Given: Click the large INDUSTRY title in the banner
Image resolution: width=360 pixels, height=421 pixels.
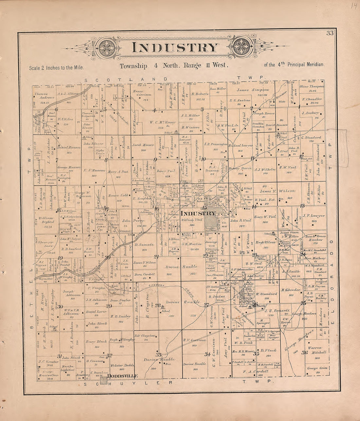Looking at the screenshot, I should coord(175,48).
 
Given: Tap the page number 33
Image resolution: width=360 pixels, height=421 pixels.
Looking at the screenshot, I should coord(329,33).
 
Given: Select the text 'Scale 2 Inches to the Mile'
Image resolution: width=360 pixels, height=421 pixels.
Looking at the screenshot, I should coord(56,68).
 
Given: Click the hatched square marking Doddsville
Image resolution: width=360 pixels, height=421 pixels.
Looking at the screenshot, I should coord(104,380).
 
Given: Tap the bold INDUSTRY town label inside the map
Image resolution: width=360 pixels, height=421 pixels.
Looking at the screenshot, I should coord(198,213).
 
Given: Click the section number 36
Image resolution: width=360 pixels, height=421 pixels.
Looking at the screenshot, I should coord(304,353).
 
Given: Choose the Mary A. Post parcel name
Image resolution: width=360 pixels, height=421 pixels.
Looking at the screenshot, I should coord(118,171).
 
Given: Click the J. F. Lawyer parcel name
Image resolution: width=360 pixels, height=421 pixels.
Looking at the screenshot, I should coord(314,216).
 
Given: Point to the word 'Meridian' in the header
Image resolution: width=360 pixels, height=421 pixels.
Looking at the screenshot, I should coord(315,64).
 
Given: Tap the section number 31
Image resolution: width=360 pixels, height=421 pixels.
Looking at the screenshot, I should coord(59,356).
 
